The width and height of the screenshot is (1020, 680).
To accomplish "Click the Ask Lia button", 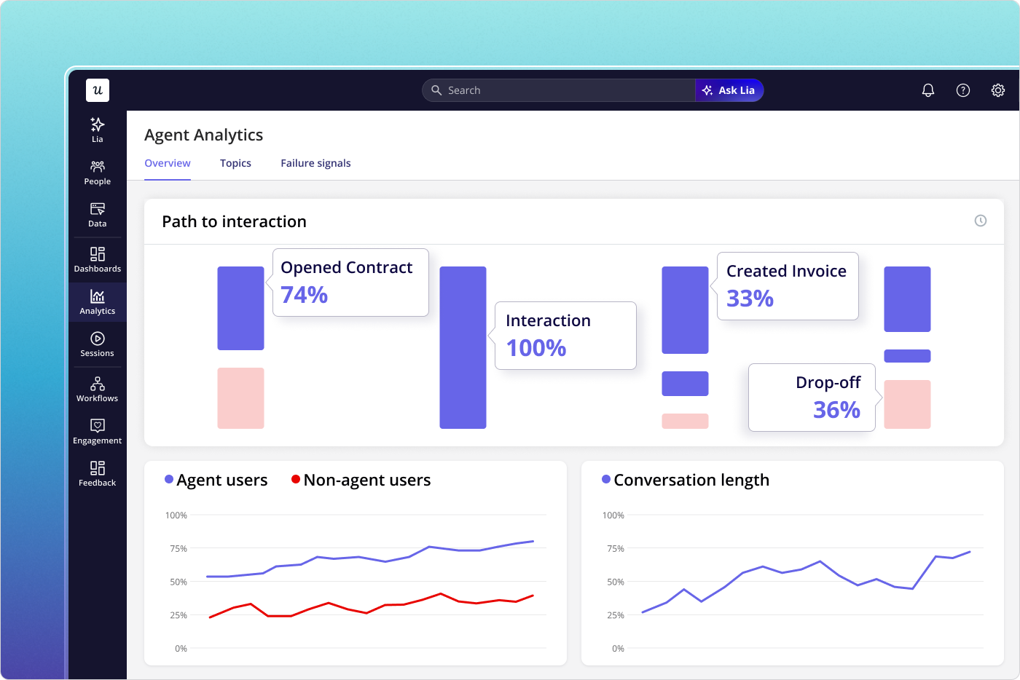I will tap(729, 90).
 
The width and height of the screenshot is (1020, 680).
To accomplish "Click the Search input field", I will tap(561, 90).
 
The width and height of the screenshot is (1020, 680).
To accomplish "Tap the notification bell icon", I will tap(927, 90).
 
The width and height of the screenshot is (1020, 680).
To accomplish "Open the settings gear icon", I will tap(997, 90).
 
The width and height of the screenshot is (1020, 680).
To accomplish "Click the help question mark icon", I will tap(962, 90).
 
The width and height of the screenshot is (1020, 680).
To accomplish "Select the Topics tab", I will tap(235, 163).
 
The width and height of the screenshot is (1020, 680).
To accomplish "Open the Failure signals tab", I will tap(315, 163).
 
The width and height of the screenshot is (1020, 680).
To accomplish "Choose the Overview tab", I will tap(168, 163).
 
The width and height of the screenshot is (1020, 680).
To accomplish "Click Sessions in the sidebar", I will tap(97, 344).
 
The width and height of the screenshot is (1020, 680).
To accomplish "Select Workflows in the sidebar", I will tap(97, 390).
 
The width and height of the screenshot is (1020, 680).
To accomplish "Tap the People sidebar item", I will tap(97, 173).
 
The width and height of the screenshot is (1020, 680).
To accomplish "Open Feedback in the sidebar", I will tap(97, 474).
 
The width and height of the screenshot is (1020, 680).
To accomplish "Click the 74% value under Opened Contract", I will tap(305, 295).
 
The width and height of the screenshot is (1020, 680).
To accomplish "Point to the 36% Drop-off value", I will tap(836, 410).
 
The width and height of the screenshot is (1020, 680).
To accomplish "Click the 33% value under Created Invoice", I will tap(750, 299).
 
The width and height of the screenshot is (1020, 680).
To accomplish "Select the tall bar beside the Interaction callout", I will tap(463, 347).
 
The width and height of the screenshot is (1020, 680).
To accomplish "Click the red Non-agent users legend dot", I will tap(296, 479).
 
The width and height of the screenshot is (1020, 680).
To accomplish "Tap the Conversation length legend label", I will tap(691, 480).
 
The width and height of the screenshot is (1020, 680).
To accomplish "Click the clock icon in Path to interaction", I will tap(980, 221).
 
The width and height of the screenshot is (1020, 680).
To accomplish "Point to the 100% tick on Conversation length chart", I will tap(613, 515).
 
